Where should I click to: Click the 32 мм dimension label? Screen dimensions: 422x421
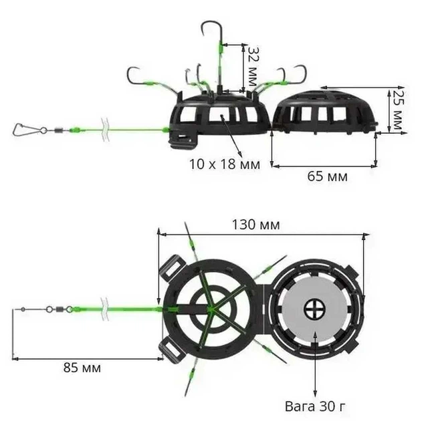(252, 66)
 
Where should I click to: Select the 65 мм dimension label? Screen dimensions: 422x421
(327, 176)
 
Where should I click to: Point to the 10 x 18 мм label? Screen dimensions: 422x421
(225, 164)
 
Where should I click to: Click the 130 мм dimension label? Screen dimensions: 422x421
(255, 225)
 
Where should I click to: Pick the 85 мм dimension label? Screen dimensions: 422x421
(82, 368)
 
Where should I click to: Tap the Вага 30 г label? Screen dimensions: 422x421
(315, 406)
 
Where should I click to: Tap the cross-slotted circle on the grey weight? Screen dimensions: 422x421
(314, 309)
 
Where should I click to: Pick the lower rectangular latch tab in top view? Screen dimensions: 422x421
(173, 351)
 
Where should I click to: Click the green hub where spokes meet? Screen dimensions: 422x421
(211, 309)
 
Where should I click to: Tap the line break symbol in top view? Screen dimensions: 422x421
(104, 309)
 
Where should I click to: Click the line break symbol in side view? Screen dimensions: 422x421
(105, 130)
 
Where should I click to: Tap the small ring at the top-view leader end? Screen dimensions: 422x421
(23, 309)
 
